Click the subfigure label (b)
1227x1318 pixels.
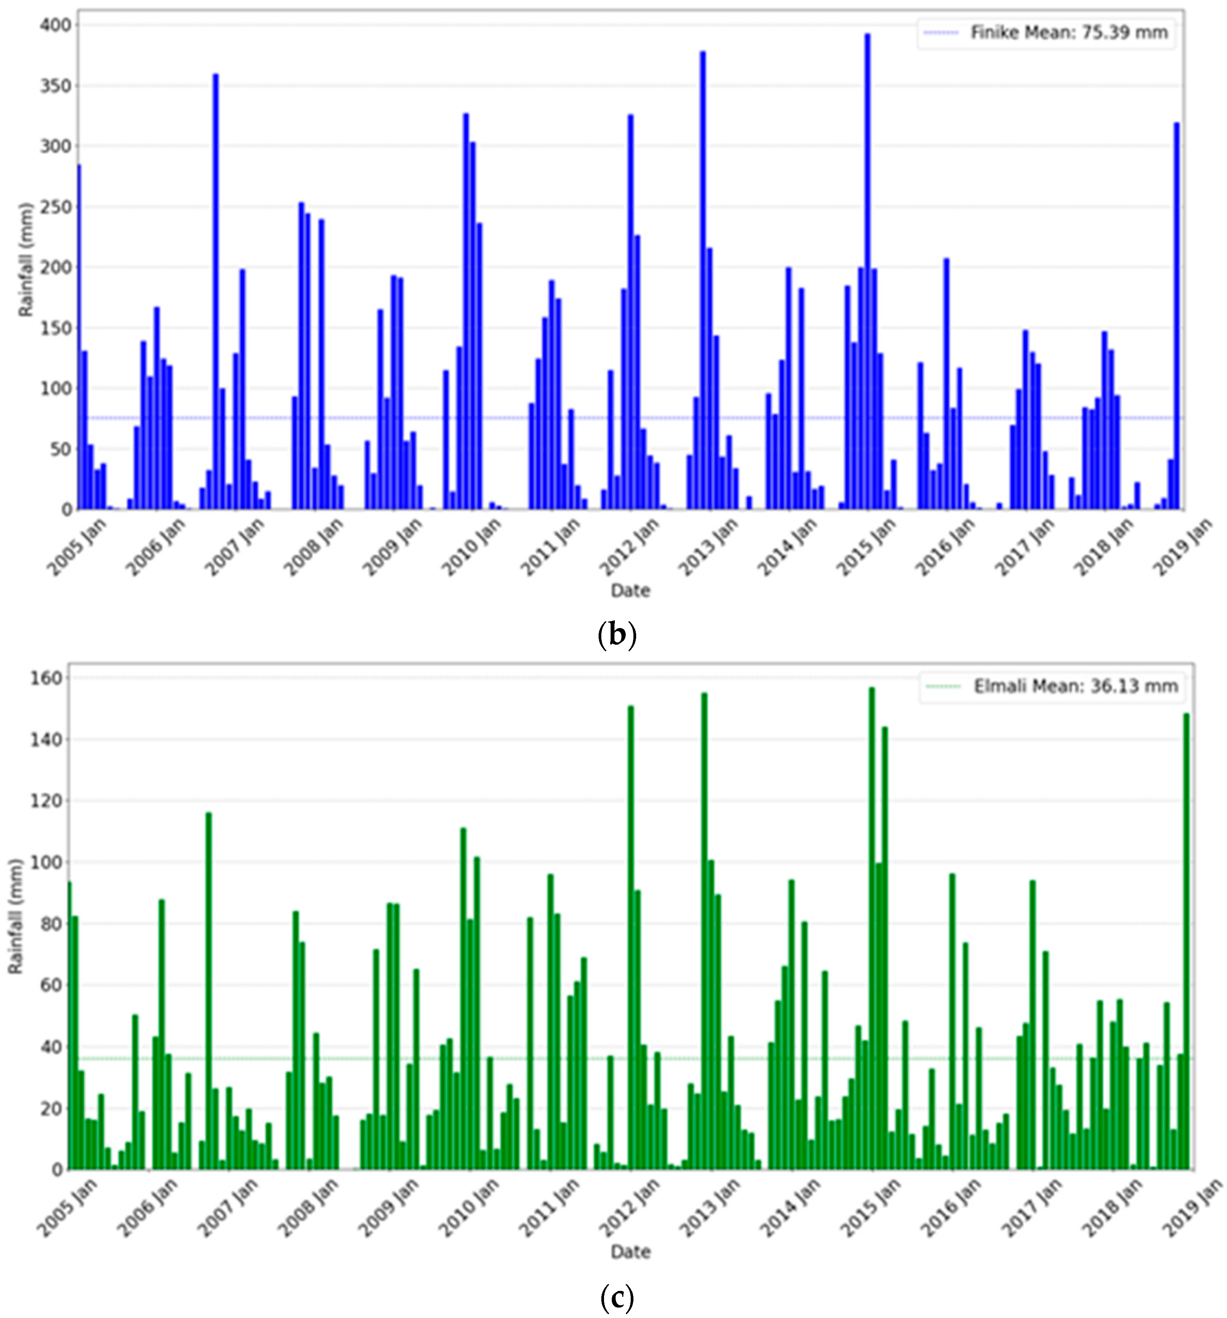pyautogui.click(x=616, y=635)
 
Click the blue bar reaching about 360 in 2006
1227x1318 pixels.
pyautogui.click(x=215, y=292)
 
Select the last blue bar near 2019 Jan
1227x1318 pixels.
pyautogui.click(x=1177, y=318)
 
